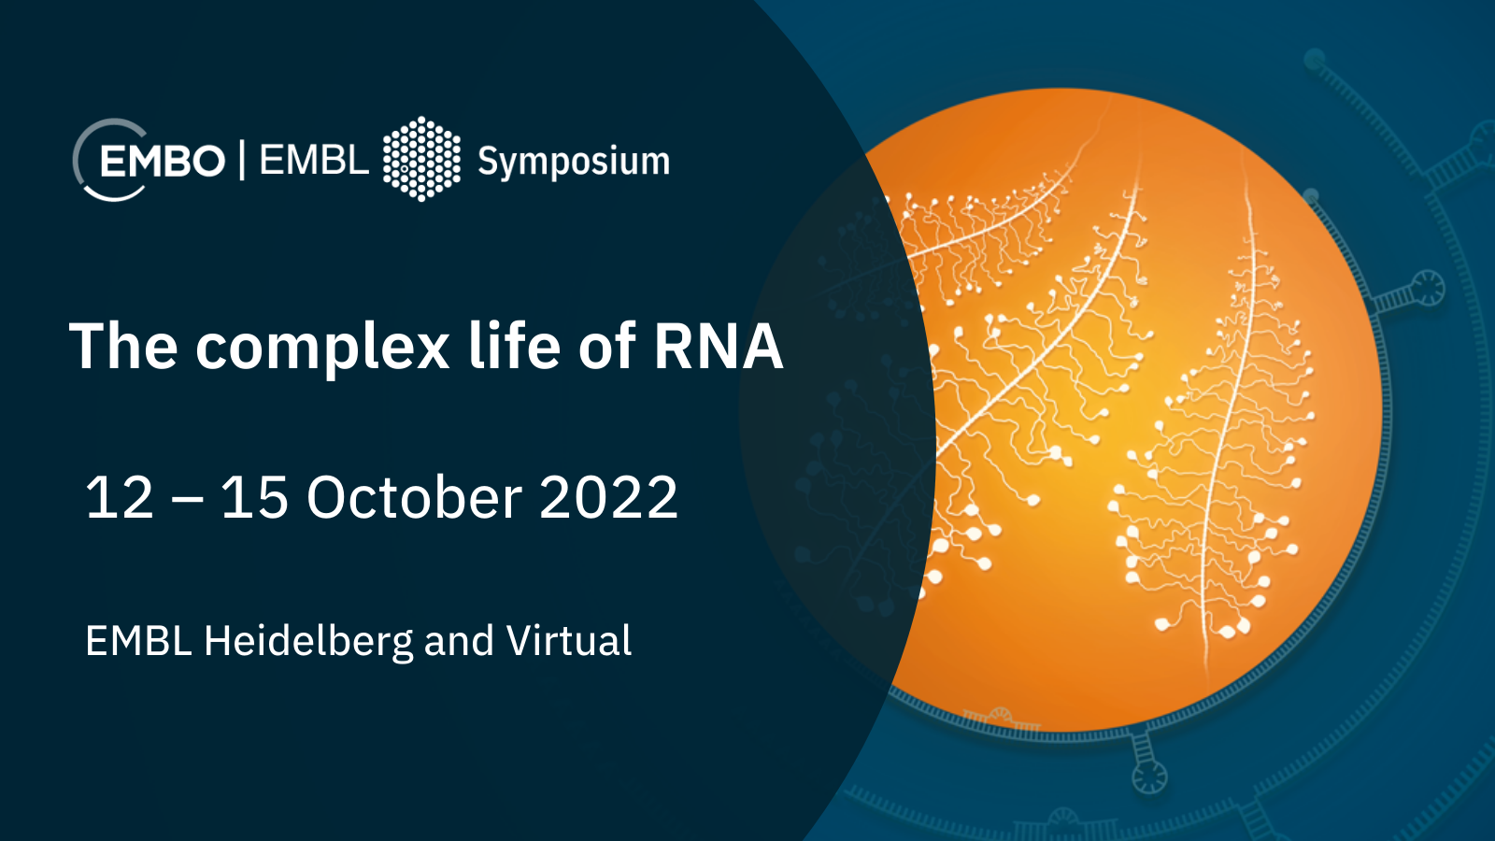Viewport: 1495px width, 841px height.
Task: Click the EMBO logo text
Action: click(163, 161)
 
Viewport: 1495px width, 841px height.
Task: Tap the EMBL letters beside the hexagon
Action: click(314, 160)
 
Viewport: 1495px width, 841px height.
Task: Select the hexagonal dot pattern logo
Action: click(421, 159)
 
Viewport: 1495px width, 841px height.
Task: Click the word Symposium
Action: click(574, 163)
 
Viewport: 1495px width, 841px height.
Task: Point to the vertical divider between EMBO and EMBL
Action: click(242, 160)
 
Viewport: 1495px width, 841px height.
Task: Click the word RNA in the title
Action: click(719, 346)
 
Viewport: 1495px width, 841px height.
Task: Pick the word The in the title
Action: click(123, 345)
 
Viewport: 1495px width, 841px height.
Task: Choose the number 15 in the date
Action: click(255, 497)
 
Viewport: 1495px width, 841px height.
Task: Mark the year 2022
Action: click(608, 497)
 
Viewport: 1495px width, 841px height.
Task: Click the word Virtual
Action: click(569, 640)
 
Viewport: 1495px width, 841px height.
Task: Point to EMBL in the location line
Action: click(139, 641)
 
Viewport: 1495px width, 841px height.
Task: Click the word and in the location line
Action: click(459, 641)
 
